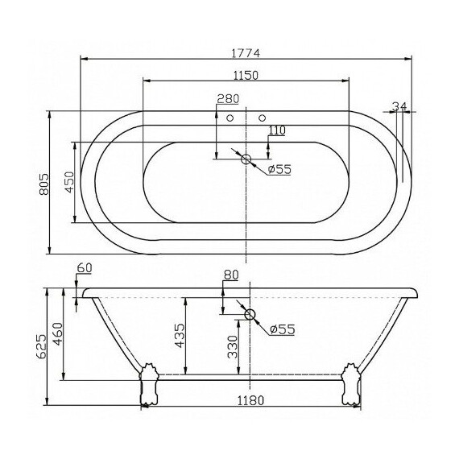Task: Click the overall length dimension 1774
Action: (246, 52)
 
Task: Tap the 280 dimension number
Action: (228, 99)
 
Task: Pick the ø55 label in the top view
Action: (279, 168)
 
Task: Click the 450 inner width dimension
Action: (69, 184)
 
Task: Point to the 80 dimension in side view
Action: (230, 275)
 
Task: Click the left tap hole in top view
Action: (230, 119)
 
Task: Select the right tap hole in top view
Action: (261, 119)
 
